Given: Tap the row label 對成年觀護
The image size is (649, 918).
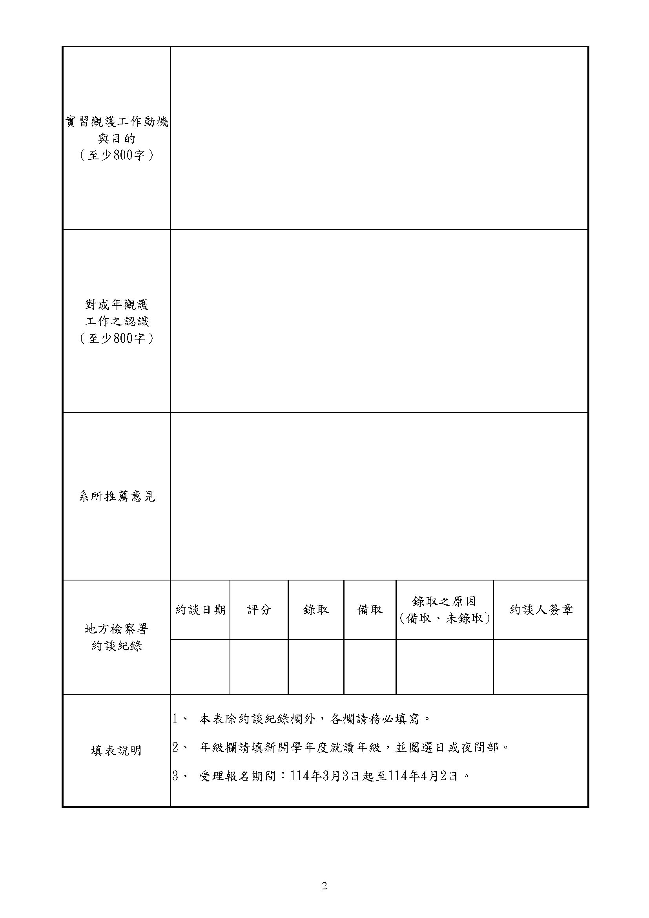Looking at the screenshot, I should (x=116, y=305).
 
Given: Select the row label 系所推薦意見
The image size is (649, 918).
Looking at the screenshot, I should (x=116, y=496).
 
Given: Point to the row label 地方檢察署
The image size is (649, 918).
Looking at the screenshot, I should (x=116, y=629).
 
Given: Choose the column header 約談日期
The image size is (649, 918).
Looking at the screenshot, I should (x=200, y=610).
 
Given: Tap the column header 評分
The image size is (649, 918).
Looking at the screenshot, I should (x=259, y=610).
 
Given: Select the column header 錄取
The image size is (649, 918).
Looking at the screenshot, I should (x=316, y=610).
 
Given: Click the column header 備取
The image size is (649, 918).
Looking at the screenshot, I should (x=370, y=610).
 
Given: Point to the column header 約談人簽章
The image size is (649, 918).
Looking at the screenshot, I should (x=541, y=610).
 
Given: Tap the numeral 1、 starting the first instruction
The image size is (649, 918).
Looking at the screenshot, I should (x=179, y=719).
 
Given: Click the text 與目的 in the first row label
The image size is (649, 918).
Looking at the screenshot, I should (x=116, y=139).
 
